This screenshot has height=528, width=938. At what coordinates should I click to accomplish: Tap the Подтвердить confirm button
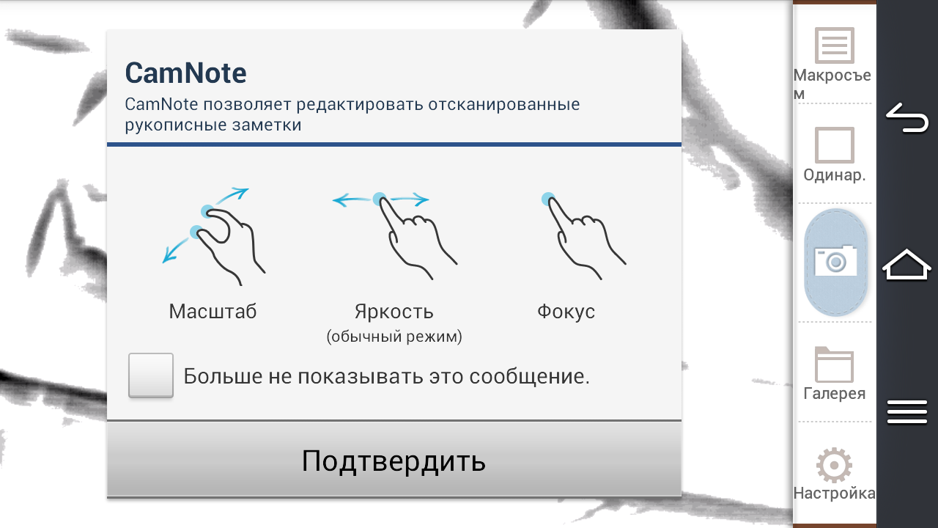(x=394, y=460)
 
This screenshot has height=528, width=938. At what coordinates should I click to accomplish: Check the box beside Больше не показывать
(x=151, y=375)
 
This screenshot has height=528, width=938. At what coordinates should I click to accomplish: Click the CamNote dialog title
(x=185, y=73)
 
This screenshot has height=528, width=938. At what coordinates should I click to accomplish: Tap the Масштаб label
(x=213, y=312)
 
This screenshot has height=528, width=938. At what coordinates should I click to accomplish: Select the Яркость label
(x=394, y=312)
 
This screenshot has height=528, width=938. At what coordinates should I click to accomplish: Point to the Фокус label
(x=566, y=312)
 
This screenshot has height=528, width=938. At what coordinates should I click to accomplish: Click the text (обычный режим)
(x=394, y=336)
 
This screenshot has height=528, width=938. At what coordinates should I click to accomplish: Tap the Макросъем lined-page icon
(x=834, y=45)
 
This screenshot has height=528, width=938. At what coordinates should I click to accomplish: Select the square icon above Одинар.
(x=834, y=145)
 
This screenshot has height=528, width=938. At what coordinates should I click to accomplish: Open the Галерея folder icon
(x=834, y=364)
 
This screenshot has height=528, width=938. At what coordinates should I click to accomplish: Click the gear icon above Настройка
(x=834, y=465)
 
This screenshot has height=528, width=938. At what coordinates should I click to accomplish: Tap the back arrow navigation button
(x=907, y=118)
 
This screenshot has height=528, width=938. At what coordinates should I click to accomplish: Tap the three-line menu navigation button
(x=907, y=411)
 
